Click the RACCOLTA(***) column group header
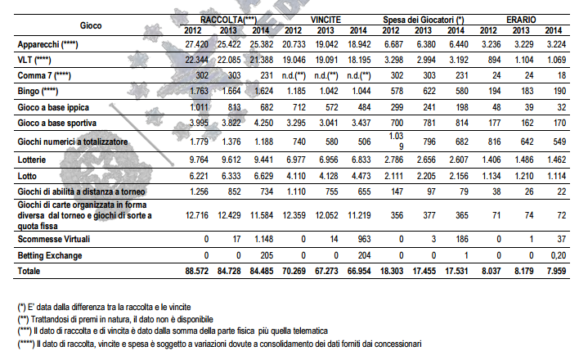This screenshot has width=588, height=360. point(228,20)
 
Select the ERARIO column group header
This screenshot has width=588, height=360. point(521,20)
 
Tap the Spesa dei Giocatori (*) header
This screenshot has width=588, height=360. point(424,20)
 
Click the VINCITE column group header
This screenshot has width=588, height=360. point(325,20)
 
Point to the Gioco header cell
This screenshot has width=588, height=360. point(91,25)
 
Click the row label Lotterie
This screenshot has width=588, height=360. point(32,160)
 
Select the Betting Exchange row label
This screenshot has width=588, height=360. point(50,256)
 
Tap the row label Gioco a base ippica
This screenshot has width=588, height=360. point(53,108)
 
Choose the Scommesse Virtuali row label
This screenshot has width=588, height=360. point(54,239)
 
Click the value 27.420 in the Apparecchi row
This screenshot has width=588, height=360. point(196,44)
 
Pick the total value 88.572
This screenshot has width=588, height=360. point(196,271)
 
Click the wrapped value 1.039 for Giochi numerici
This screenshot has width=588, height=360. point(396,142)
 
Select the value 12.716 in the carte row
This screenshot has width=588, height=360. point(197,215)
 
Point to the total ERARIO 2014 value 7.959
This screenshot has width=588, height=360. point(556,271)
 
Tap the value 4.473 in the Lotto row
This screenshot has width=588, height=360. point(361,176)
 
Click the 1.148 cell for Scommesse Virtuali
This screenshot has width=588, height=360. point(263,239)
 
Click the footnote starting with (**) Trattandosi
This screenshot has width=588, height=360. point(115,319)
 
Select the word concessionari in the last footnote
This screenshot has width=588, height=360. point(398,344)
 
